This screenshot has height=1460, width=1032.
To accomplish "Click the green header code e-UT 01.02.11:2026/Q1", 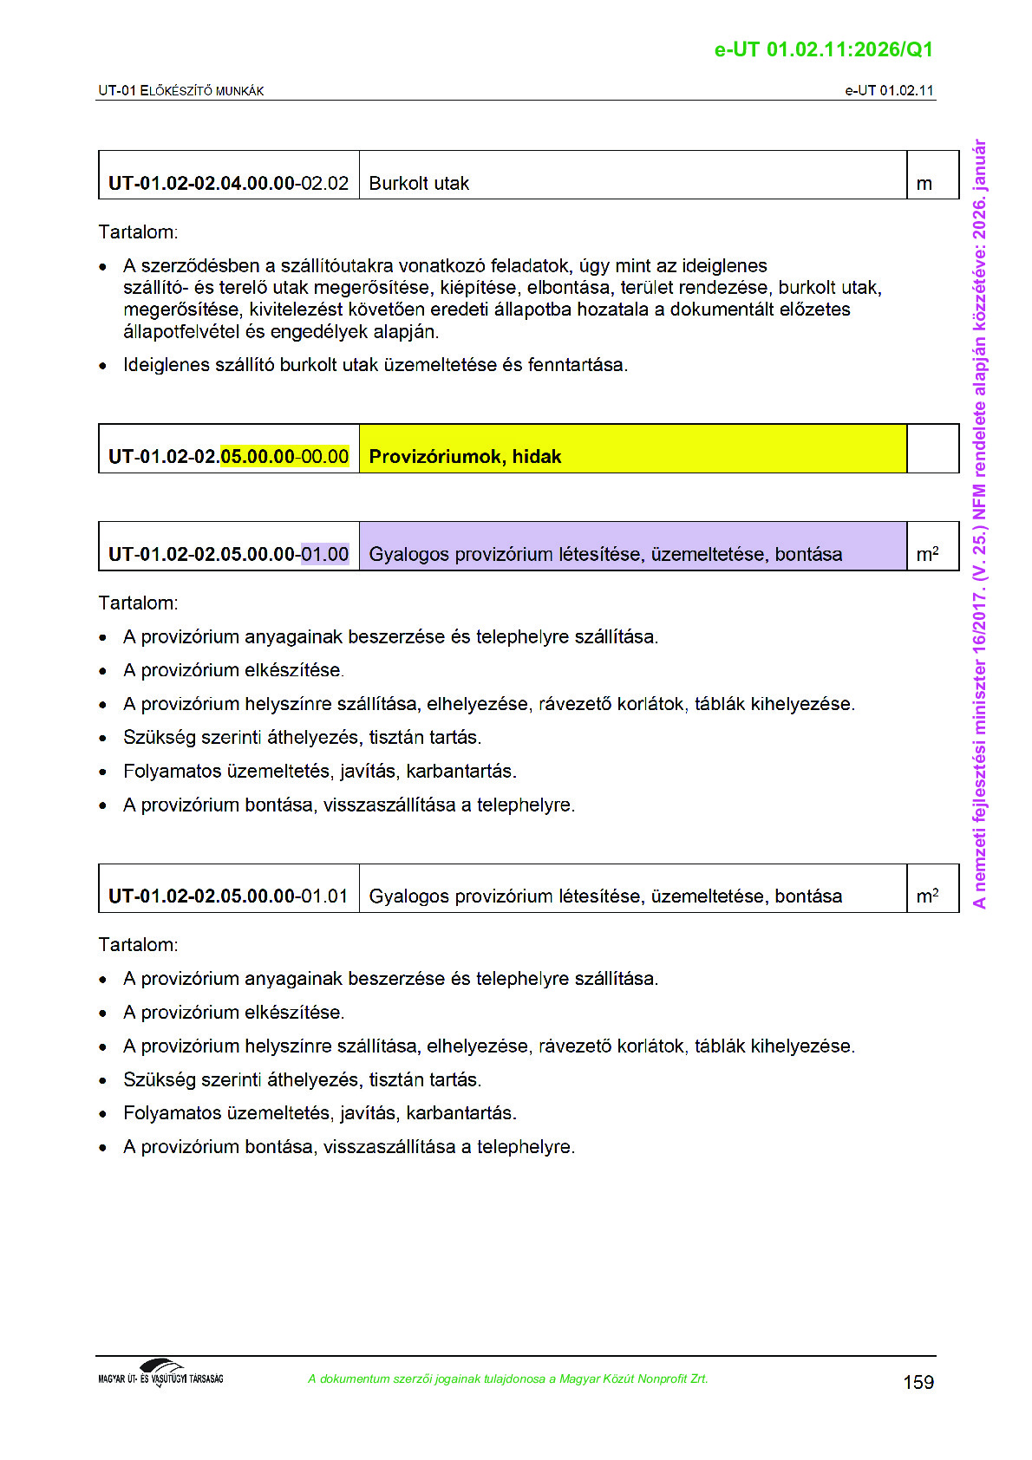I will coord(823,49).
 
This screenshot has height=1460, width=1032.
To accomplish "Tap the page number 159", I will coord(918,1382).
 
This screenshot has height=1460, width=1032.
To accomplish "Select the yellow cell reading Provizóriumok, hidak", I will coord(632,449).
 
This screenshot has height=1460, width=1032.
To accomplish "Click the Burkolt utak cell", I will coord(632,176).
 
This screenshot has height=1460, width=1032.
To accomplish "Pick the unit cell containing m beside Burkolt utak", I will coord(932,176).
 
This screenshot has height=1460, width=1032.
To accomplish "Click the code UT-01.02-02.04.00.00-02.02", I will coord(228,184).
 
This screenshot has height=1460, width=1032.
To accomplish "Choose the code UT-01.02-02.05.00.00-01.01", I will coord(228,896).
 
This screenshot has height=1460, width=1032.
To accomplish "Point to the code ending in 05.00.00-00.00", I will coord(228,457).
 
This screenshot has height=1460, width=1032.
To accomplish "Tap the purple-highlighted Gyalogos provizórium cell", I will coord(632,547).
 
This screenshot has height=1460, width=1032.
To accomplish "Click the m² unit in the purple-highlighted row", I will coord(927,554).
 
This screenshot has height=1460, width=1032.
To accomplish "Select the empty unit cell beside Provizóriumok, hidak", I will coord(932,449).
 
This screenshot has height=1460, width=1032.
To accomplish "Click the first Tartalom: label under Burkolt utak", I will coord(138,232).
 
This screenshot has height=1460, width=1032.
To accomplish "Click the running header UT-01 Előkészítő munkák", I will coord(180,90).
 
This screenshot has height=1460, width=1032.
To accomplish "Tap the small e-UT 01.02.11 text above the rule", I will coord(889,90).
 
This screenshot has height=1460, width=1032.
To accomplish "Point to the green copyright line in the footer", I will coord(507,1379).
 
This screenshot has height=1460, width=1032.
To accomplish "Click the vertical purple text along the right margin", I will coord(979,524).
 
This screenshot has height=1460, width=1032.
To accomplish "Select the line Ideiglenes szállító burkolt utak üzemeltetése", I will coord(375,365).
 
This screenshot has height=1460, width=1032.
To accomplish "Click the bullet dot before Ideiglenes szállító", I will coord(103,366).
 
